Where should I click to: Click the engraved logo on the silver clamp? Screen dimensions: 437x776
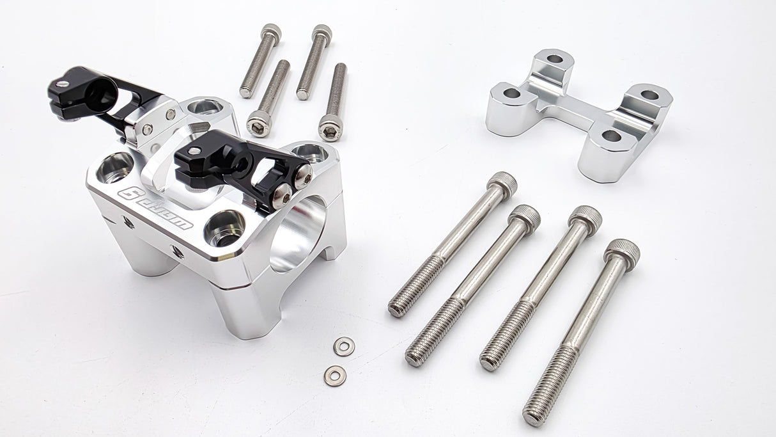155,208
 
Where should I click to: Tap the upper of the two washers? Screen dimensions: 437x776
344,346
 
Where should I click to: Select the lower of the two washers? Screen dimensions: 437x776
334,376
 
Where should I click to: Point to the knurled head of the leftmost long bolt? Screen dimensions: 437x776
502,184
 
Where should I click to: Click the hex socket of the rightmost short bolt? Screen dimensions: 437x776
330,132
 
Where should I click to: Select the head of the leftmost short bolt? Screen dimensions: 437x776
271,31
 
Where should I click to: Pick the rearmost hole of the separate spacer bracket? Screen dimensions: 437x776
555,60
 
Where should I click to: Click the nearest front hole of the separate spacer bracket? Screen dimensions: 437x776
611,136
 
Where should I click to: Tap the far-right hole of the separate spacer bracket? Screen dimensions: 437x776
649,95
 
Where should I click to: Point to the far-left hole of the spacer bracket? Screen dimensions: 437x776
511,93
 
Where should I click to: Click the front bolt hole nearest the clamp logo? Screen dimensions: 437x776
224,227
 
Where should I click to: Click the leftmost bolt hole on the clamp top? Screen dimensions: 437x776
116,168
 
